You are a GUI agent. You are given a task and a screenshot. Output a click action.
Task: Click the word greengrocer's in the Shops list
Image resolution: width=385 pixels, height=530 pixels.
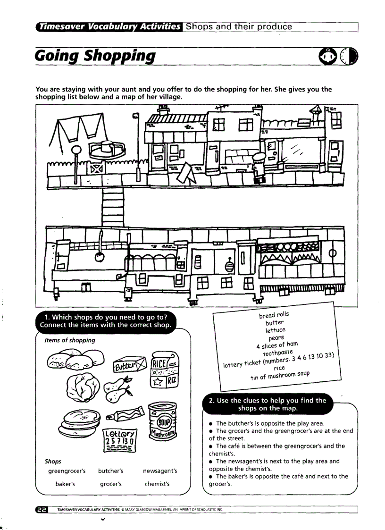click(67, 471)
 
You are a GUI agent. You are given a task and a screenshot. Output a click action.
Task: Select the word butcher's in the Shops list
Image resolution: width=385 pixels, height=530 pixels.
click(111, 471)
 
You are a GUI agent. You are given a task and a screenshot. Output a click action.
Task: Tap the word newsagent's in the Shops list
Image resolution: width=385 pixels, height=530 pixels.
click(160, 471)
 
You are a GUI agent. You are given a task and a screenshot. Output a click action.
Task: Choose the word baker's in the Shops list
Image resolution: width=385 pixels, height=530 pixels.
click(65, 484)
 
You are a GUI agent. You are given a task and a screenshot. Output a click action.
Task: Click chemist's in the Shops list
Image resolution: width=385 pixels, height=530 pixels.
click(157, 484)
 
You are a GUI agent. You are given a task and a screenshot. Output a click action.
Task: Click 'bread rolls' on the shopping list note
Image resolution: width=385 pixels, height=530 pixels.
click(274, 315)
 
